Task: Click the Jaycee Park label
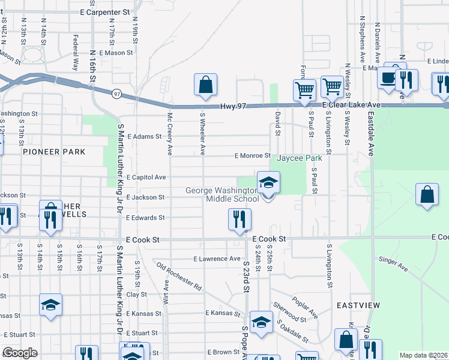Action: (300, 158)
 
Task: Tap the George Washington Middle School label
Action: (222, 194)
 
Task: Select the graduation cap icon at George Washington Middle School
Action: (268, 182)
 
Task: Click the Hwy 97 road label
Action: (234, 106)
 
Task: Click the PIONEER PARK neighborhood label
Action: (54, 152)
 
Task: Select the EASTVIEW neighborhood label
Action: (358, 305)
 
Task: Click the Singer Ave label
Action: (393, 264)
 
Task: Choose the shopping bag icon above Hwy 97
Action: (205, 85)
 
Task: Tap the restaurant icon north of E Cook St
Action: (237, 218)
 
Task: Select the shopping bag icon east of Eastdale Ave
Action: (427, 195)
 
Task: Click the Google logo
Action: (19, 353)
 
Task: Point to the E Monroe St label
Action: (251, 155)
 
